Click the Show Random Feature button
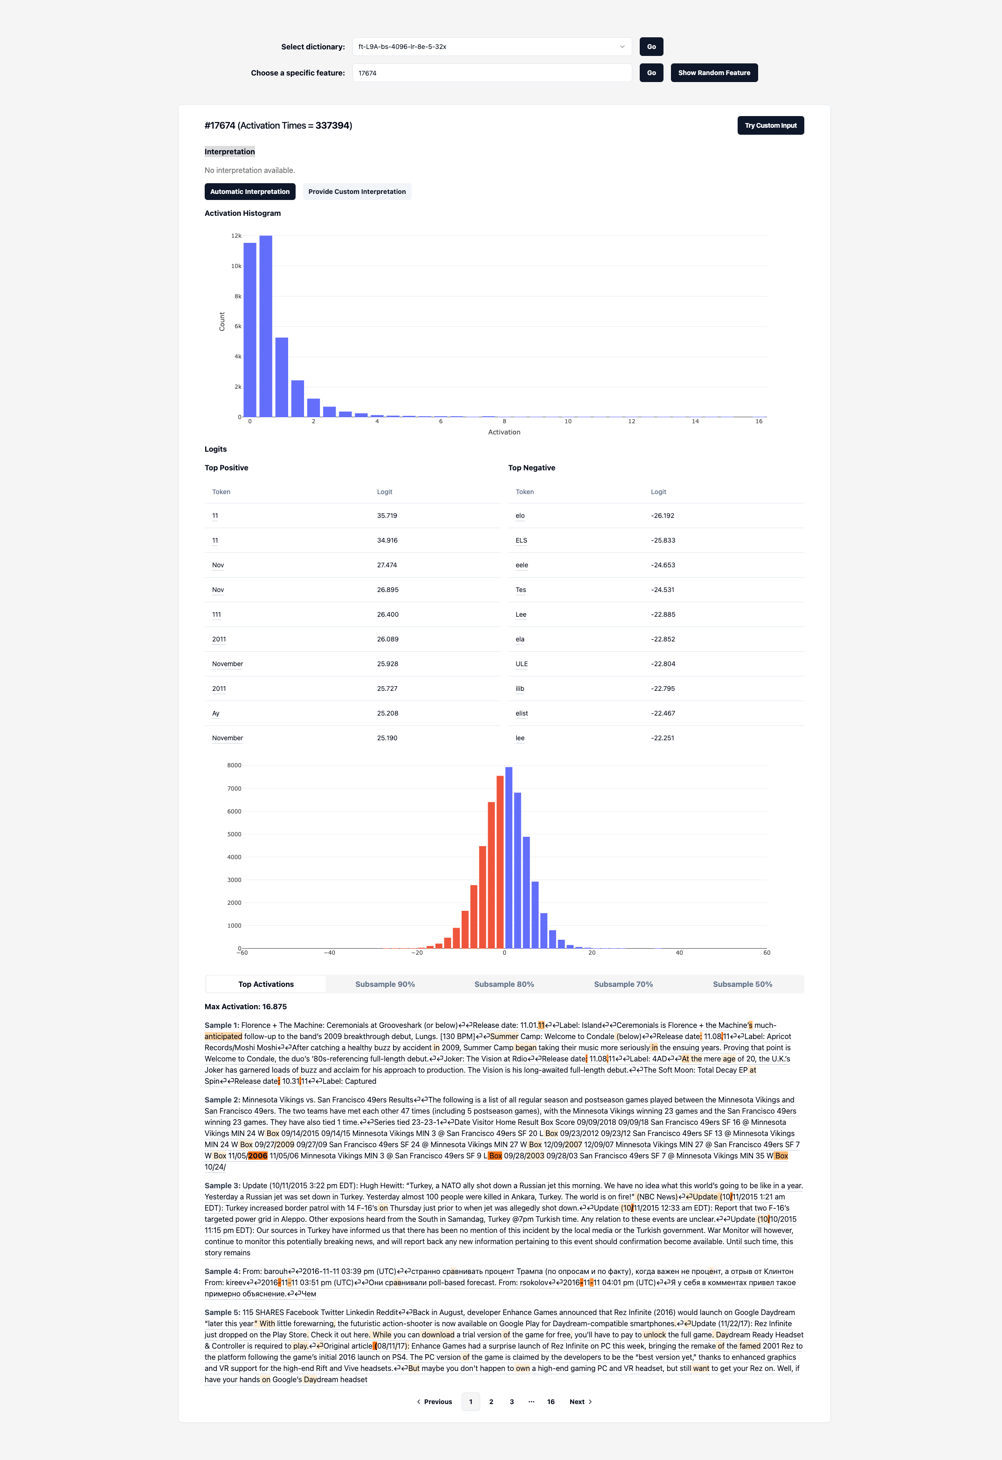tap(714, 73)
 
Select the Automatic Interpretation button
tap(250, 192)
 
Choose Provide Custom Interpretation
tap(357, 192)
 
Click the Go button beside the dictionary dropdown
tap(651, 47)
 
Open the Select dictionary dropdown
tap(492, 47)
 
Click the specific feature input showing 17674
tap(492, 73)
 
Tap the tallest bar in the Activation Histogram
tap(266, 326)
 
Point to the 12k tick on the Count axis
tap(236, 235)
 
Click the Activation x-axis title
tap(504, 432)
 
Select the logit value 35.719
tap(387, 516)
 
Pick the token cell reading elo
tap(520, 516)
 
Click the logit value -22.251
tap(662, 738)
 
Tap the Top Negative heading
tap(532, 468)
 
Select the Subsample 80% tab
tap(504, 985)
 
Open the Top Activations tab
tap(266, 985)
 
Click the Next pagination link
tap(580, 1402)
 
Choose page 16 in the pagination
tap(550, 1402)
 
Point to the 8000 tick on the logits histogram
tap(235, 765)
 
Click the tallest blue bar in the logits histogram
tap(509, 858)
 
